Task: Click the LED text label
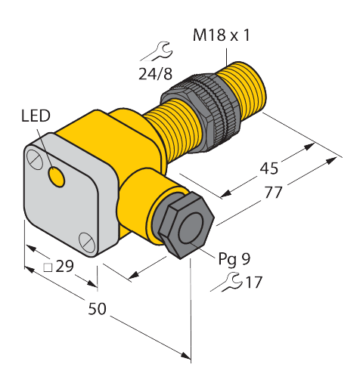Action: point(36,116)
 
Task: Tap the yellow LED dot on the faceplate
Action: point(55,176)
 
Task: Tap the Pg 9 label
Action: point(234,259)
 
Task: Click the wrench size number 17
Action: point(253,283)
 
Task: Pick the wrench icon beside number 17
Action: point(226,283)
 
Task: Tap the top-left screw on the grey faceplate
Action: point(34,159)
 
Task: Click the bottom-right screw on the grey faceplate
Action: point(86,242)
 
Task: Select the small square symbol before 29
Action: point(47,267)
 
